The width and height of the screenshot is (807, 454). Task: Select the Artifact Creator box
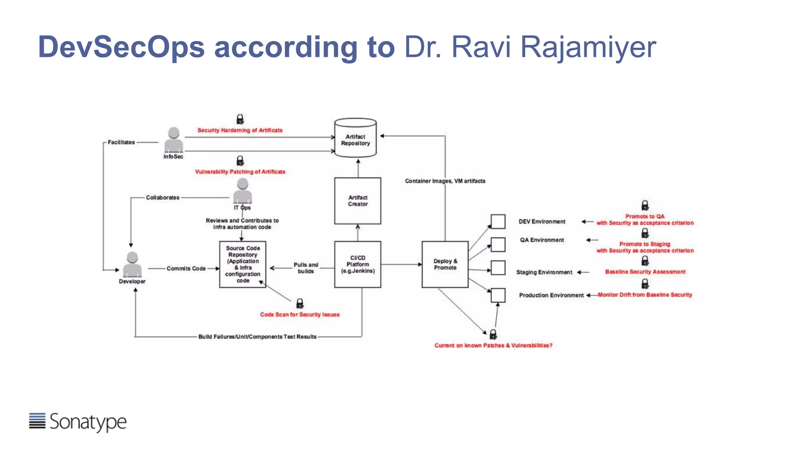click(x=357, y=201)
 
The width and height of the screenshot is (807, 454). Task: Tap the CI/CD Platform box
click(x=357, y=264)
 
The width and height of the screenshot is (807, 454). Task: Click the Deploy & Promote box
click(x=445, y=264)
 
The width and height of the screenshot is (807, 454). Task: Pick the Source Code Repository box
click(x=243, y=264)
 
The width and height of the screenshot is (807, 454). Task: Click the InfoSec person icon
click(x=174, y=140)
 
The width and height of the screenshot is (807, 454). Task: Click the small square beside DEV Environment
click(x=498, y=221)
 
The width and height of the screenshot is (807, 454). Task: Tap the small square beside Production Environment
click(x=498, y=295)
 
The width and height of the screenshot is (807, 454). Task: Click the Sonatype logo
click(x=78, y=422)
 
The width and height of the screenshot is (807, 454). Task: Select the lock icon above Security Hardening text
click(x=240, y=119)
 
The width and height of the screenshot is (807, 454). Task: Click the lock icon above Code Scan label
click(x=300, y=303)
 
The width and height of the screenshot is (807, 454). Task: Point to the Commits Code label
click(x=186, y=268)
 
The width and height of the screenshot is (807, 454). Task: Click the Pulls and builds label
click(x=306, y=268)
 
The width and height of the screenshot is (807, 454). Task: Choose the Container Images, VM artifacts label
click(x=445, y=181)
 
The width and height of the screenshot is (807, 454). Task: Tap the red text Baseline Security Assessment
click(x=645, y=272)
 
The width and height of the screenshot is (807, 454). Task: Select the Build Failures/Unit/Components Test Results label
click(x=257, y=337)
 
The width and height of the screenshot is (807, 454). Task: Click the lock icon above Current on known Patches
click(x=493, y=335)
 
